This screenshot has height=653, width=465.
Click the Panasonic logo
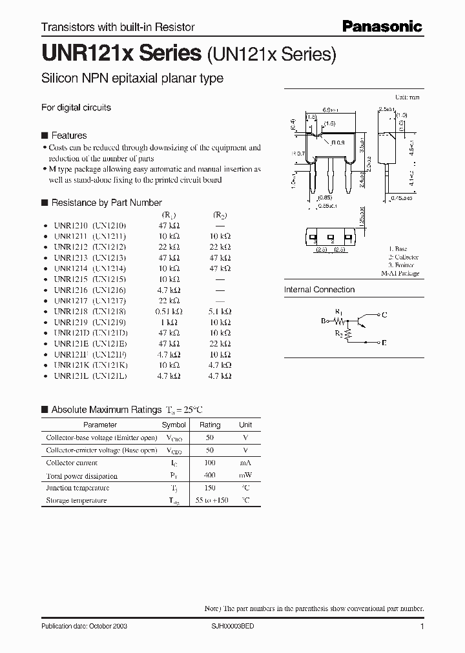coord(382,26)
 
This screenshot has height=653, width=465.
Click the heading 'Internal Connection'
coord(319,290)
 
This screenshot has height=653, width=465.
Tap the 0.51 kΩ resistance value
coord(169,311)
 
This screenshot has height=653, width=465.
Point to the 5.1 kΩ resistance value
coord(219,311)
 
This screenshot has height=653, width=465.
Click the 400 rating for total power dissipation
coord(210,475)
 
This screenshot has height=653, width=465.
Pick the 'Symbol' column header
coord(174,425)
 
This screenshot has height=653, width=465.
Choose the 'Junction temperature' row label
coord(77,488)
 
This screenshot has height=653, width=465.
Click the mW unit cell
coord(245,475)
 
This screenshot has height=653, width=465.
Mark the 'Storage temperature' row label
coord(76,500)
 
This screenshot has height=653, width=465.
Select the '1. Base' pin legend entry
coord(398,248)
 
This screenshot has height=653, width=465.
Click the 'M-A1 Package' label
coord(400,274)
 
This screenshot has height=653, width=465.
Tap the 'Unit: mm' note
coord(407,97)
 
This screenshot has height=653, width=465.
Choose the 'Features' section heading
coord(68,136)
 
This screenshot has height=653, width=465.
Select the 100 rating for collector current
coord(210,463)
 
